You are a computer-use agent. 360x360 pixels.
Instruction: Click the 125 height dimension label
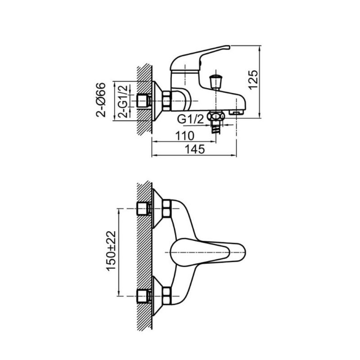pos(253,80)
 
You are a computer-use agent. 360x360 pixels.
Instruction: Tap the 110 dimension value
pos(185,136)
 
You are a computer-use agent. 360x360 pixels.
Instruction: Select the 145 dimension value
pos(195,149)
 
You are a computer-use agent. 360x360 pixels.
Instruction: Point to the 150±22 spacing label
pos(111,251)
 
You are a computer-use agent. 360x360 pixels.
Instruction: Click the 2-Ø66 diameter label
pos(101,100)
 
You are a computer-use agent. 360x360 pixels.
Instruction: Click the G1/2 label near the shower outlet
pos(190,119)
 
